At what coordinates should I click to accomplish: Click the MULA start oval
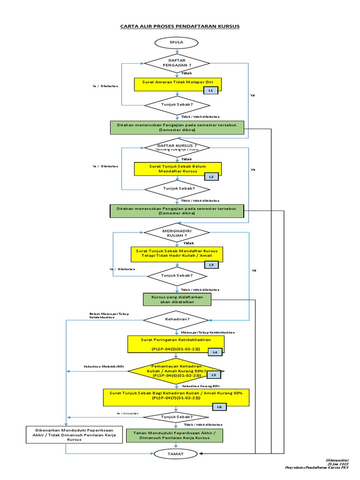click(177, 43)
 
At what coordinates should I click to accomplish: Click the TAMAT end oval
click(177, 454)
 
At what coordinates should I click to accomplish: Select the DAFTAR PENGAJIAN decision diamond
click(177, 63)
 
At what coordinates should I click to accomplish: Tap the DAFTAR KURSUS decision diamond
click(177, 147)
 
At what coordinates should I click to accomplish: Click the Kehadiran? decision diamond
click(175, 320)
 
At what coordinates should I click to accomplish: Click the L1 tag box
click(211, 90)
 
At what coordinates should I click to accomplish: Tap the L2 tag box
click(211, 177)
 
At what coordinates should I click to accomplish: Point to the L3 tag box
click(211, 265)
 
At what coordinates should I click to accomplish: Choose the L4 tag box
click(215, 352)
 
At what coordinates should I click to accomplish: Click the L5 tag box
click(214, 375)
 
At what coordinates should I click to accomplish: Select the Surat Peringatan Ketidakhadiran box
click(175, 344)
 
